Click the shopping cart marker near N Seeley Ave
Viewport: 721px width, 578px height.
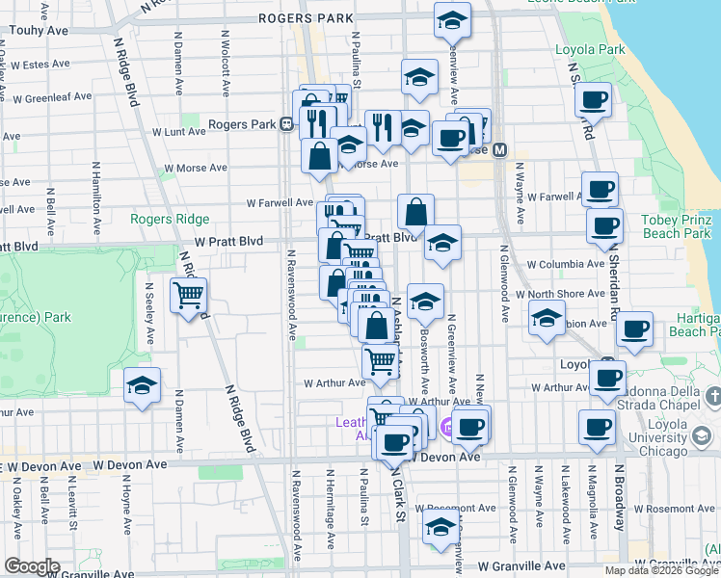click(188, 295)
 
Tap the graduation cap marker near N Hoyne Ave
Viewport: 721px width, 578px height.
click(142, 387)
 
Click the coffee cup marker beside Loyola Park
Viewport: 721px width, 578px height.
click(595, 98)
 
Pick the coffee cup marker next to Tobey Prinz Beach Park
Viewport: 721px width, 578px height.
click(604, 226)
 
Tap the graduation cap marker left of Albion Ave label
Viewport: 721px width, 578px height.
click(547, 318)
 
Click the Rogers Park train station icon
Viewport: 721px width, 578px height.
click(286, 124)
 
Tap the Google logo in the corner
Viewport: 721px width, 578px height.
click(32, 566)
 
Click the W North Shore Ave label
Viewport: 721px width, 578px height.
click(559, 294)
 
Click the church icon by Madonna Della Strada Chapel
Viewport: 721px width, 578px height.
click(712, 396)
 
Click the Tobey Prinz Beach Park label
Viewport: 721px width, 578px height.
click(677, 225)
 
